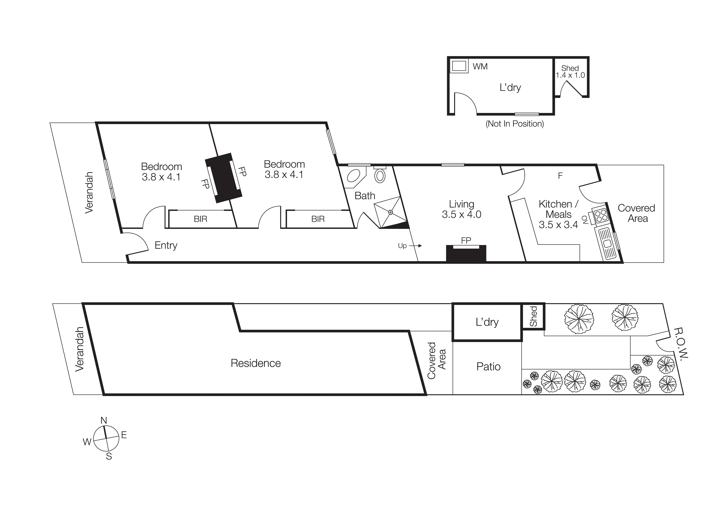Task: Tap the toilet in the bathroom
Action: [x=380, y=176]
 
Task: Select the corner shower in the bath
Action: [x=391, y=212]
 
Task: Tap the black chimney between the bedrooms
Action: [x=223, y=178]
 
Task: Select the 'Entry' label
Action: [x=166, y=245]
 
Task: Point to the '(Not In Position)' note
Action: [x=515, y=124]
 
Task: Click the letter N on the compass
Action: [x=104, y=420]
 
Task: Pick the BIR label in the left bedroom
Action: [x=200, y=219]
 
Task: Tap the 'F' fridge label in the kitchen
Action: [x=560, y=176]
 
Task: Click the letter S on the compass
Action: [x=109, y=456]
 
